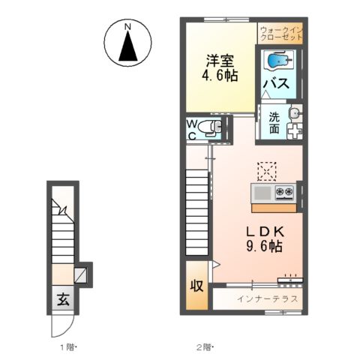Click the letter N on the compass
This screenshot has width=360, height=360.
click(128, 26)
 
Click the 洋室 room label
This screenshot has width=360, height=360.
click(220, 61)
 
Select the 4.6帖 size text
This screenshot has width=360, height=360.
click(220, 75)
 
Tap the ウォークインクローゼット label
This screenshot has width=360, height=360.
click(281, 34)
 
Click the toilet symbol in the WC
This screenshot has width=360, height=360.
click(209, 127)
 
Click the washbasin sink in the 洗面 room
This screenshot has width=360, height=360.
click(295, 113)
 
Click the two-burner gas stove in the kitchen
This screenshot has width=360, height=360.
click(284, 192)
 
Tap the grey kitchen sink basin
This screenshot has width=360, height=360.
click(262, 193)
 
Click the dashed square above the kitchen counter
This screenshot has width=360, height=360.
click(267, 172)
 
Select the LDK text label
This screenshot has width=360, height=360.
click(265, 232)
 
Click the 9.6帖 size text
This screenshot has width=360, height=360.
click(265, 246)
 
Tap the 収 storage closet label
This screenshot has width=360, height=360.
click(196, 285)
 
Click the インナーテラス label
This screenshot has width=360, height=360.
click(267, 298)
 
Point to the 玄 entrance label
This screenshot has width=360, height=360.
click(63, 299)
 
